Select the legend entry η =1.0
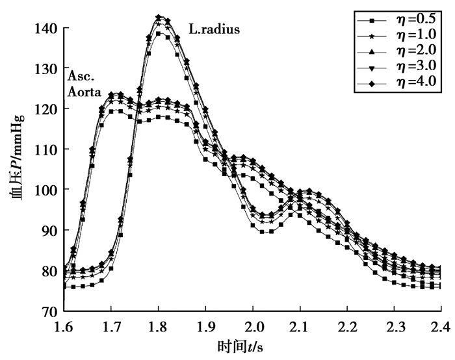396,35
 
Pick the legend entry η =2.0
396,51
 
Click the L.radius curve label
214,29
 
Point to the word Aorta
84,93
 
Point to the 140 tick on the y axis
51,29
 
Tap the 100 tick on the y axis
51,190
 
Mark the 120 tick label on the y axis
51,109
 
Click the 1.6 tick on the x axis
64,324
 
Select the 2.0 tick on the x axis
253,324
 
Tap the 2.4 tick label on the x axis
440,324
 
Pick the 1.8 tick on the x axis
159,324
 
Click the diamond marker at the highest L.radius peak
159,18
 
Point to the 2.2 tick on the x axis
347,324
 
